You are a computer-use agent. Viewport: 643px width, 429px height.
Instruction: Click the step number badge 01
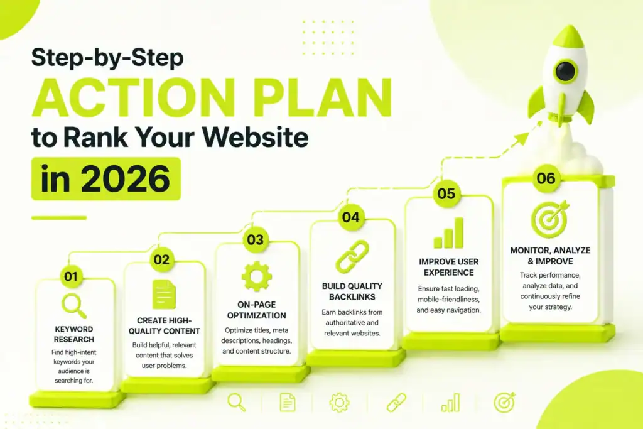pos(71,276)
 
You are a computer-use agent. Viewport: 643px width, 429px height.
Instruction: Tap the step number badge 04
pos(350,217)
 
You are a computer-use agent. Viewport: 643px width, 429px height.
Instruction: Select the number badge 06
pos(546,178)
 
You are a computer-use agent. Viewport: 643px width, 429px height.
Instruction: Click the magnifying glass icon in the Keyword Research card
pos(74,305)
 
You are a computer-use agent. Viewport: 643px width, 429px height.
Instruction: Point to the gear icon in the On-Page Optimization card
pos(256,276)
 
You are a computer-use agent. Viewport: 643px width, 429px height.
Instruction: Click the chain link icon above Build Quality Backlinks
pos(352,257)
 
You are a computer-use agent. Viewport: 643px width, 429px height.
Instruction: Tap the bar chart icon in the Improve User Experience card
pos(448,233)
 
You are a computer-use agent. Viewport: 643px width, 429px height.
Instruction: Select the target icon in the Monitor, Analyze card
pos(550,219)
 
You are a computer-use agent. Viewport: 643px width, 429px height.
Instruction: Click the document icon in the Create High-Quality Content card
pos(164,295)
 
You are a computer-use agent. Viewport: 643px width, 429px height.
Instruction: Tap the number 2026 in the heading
pos(128,179)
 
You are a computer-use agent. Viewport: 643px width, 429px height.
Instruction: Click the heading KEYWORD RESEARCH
pos(74,334)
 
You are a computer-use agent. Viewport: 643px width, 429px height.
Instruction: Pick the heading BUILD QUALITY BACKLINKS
pos(352,291)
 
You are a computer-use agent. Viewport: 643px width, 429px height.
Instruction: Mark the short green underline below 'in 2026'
pos(59,218)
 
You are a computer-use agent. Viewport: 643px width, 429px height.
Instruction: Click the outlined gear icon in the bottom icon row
pos(339,403)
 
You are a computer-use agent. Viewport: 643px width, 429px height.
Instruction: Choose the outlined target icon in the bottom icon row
pos(504,403)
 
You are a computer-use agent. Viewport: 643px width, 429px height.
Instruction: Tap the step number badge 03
pos(255,239)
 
